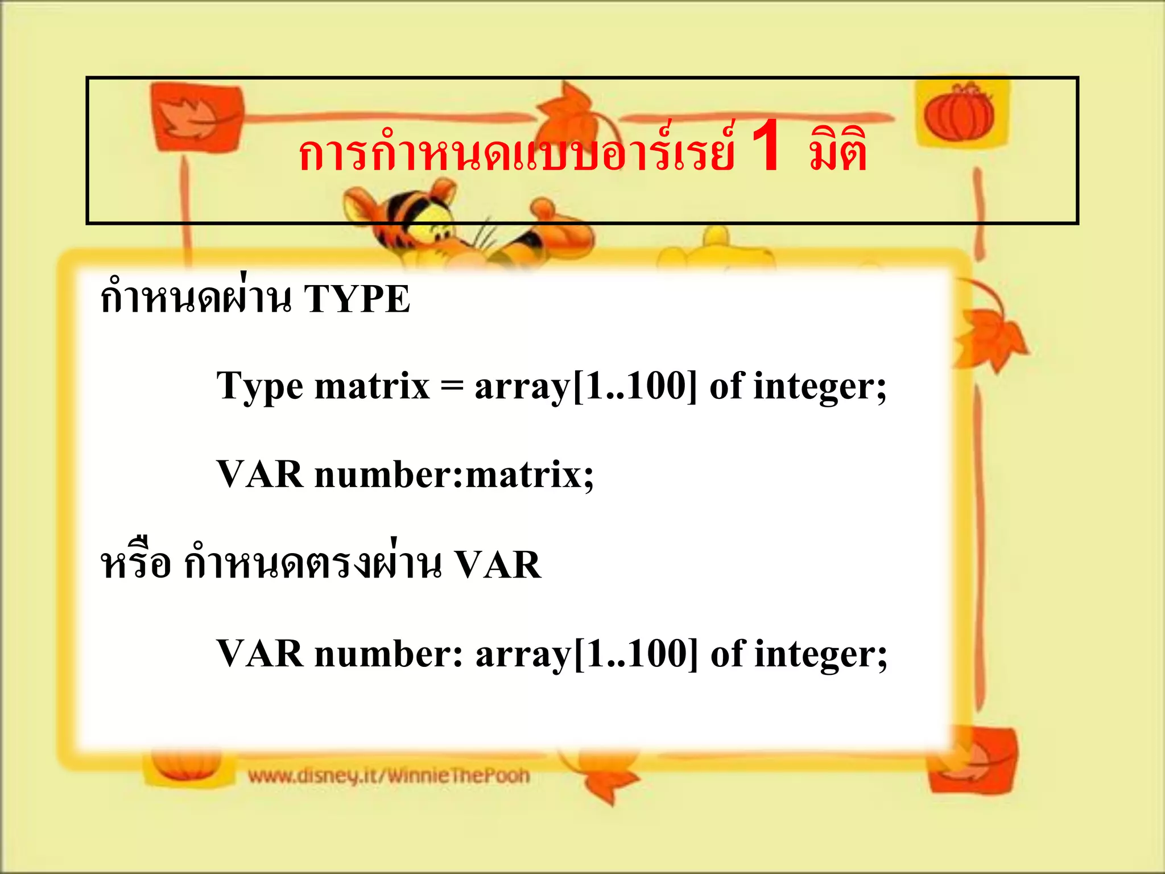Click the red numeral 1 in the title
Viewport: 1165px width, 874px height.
tap(766, 147)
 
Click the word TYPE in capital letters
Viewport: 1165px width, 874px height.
tap(357, 299)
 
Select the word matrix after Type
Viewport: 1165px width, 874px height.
tap(372, 386)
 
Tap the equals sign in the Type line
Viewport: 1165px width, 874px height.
tap(452, 387)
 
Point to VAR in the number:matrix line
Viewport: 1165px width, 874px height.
tap(259, 474)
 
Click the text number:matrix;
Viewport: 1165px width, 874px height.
tap(454, 475)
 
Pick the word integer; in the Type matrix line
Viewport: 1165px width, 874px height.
tap(820, 387)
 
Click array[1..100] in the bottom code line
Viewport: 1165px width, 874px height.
tap(586, 654)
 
